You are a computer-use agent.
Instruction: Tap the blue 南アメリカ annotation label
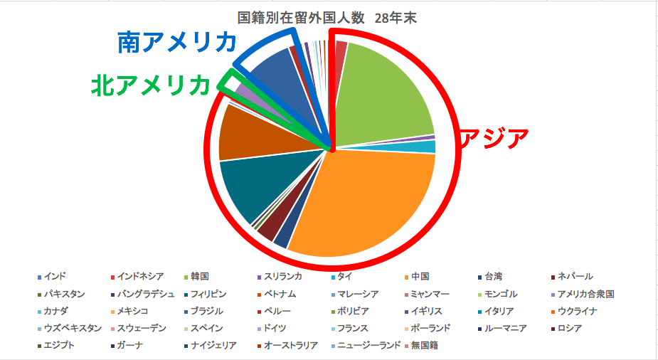click(x=176, y=43)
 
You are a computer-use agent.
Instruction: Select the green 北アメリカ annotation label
click(x=150, y=85)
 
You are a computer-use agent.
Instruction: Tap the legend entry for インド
click(x=53, y=276)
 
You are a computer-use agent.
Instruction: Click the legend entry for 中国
click(x=420, y=276)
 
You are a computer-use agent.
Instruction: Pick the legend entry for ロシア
click(x=569, y=329)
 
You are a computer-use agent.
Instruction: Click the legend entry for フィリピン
click(x=207, y=293)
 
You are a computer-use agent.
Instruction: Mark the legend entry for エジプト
click(x=58, y=346)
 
